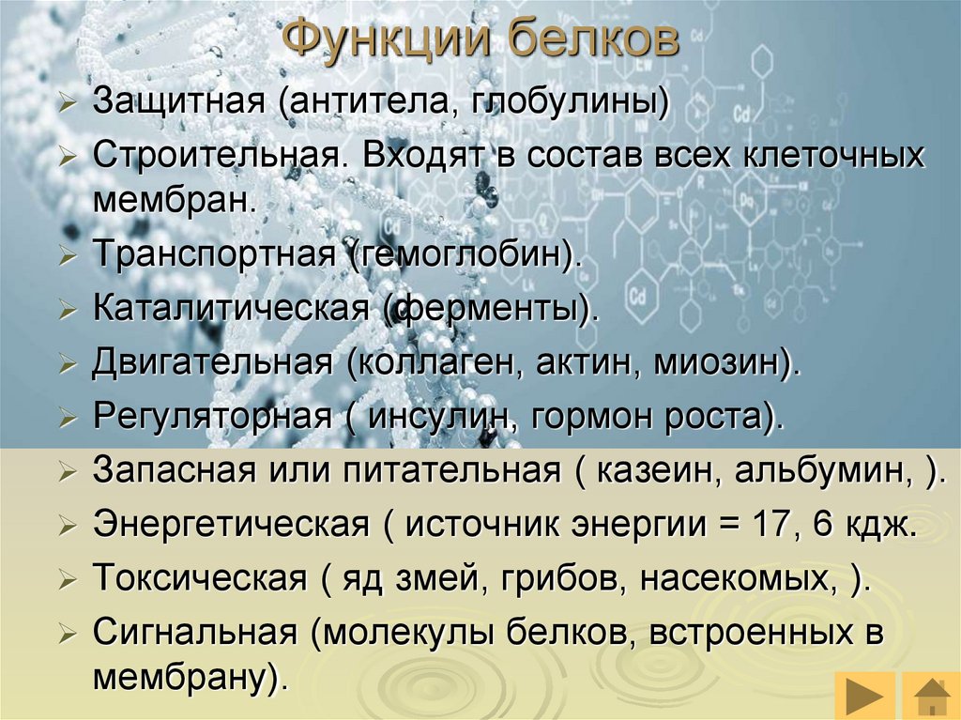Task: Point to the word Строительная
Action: (215, 157)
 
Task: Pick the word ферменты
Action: (492, 309)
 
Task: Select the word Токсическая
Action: (200, 578)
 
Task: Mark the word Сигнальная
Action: (195, 633)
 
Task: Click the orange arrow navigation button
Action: (864, 698)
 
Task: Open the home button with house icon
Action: (932, 698)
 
